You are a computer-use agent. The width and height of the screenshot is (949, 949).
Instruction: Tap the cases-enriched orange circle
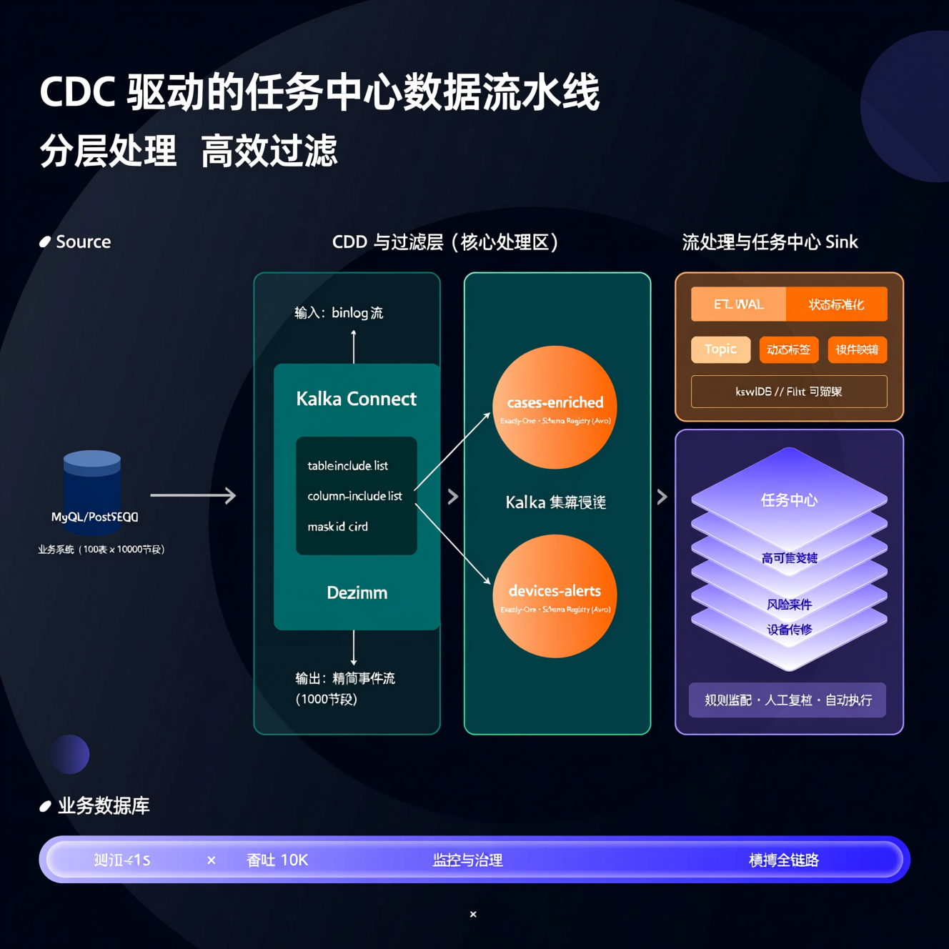(x=555, y=407)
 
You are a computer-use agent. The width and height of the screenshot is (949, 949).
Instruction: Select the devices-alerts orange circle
(x=555, y=596)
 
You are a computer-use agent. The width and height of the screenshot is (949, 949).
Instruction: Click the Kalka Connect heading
(x=356, y=399)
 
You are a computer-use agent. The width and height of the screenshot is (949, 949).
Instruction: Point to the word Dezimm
(x=357, y=592)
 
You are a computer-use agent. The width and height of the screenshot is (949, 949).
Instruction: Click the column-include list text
(x=354, y=496)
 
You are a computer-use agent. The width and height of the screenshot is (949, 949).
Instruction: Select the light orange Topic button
(x=720, y=349)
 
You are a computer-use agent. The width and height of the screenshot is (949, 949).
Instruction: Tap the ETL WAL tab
(x=738, y=304)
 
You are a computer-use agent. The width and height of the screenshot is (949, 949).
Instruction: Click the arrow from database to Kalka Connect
(x=193, y=495)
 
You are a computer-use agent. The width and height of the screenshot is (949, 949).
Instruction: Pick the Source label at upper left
(x=83, y=242)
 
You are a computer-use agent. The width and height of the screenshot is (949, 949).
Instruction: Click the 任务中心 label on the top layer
(x=789, y=500)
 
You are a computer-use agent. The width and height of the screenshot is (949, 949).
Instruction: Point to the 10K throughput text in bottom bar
(x=294, y=860)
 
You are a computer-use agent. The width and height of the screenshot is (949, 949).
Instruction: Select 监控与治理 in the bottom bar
(x=468, y=860)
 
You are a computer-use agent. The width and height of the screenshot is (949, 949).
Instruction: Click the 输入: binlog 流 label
(x=339, y=313)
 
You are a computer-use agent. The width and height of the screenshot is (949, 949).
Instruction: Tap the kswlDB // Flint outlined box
(x=789, y=392)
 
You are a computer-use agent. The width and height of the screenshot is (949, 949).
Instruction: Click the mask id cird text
(x=337, y=527)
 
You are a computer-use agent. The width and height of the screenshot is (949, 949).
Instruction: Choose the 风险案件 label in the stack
(x=789, y=605)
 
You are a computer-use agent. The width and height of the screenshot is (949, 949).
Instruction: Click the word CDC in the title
(x=77, y=93)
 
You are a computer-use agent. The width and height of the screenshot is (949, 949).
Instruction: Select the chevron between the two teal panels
(x=452, y=497)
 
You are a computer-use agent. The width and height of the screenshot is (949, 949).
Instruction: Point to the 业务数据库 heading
(x=104, y=806)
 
